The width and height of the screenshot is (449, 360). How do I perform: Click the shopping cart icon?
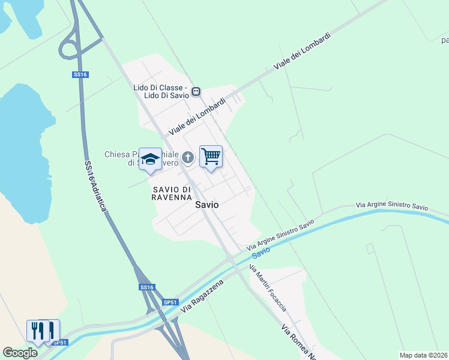click(211, 157)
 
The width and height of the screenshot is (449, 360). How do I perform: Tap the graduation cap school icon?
click(150, 160)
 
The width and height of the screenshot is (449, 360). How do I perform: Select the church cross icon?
click(188, 158)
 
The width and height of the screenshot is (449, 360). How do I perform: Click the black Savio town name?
click(206, 205)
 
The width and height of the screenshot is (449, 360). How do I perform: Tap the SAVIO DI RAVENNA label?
click(171, 193)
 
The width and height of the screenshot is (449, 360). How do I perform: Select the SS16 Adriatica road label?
click(95, 185)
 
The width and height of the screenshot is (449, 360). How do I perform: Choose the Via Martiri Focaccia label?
click(268, 288)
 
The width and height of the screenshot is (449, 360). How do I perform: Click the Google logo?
click(20, 353)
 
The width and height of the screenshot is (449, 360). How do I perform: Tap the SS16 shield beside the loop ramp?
click(80, 74)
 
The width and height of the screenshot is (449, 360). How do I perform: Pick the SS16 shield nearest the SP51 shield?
click(146, 288)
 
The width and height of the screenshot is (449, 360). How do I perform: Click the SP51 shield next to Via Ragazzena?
click(170, 302)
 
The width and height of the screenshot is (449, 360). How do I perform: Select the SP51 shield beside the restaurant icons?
click(59, 343)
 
